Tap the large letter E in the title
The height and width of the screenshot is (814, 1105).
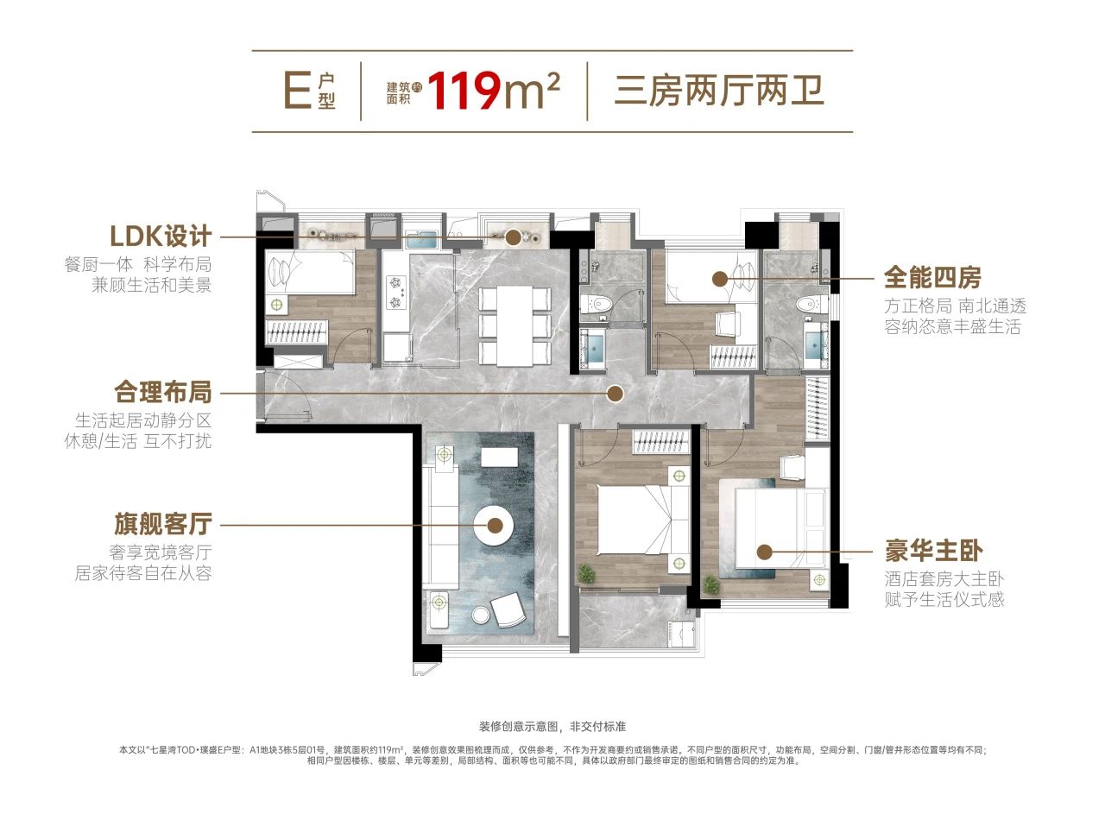298,90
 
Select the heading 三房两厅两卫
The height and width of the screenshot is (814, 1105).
719,91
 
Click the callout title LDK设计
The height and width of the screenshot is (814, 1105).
161,236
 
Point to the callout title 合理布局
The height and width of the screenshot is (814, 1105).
163,392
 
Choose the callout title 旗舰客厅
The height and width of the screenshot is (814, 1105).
163,523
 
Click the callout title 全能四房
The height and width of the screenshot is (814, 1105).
932,277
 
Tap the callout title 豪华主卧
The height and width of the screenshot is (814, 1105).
933,551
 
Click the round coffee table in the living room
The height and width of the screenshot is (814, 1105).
494,525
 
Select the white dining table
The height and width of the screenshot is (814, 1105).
515,325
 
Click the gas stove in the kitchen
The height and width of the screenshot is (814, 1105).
396,292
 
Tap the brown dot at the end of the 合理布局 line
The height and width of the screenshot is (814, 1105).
615,394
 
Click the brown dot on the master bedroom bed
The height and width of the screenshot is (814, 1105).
765,552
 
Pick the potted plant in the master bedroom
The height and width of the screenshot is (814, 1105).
710,585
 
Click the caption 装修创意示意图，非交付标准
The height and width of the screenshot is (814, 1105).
552,727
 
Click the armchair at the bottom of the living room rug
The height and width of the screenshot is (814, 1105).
508,609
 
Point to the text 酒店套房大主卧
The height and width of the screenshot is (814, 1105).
944,578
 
